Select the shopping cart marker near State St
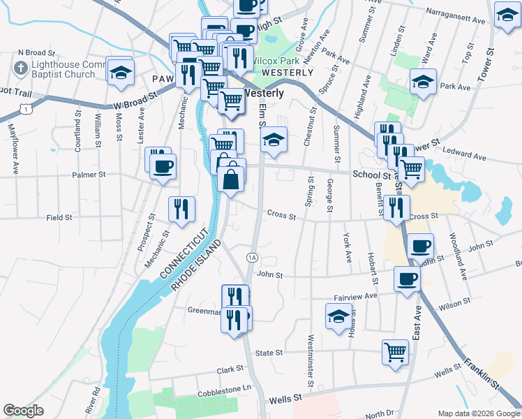click(395, 351)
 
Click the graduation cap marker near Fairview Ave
click(339, 316)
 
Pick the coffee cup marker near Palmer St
click(163, 167)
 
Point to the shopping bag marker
click(231, 177)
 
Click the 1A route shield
click(252, 258)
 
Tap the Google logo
click(24, 411)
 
